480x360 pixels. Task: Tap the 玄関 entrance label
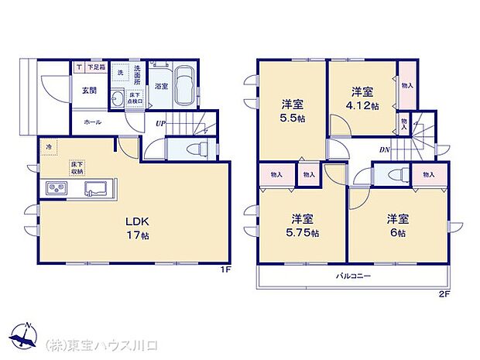(87, 90)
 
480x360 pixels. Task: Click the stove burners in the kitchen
(57, 187)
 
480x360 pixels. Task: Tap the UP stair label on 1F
(159, 123)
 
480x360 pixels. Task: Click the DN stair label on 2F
(384, 149)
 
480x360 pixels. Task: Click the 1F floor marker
(225, 270)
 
